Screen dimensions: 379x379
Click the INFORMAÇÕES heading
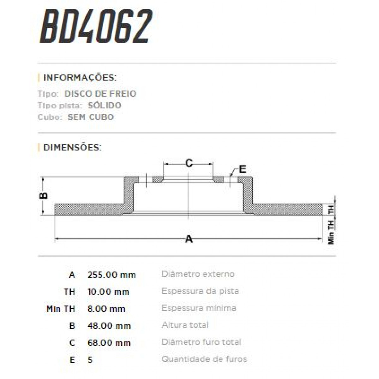point(80,78)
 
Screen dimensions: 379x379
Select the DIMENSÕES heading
point(72,147)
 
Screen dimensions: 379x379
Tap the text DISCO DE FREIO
point(100,94)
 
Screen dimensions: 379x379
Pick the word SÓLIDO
point(105,105)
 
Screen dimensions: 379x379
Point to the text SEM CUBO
point(91,117)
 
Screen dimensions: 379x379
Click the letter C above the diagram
point(189,163)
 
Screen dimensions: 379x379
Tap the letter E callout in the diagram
point(242,169)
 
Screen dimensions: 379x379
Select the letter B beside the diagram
point(44,196)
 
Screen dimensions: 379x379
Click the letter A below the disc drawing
point(189,239)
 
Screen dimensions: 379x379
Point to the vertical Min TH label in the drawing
point(331,232)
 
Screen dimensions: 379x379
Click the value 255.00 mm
point(111,275)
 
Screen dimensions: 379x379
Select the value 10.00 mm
point(108,292)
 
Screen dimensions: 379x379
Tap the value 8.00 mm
point(106,309)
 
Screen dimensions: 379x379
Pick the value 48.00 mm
point(109,326)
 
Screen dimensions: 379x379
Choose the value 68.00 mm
point(109,343)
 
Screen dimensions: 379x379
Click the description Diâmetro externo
point(198,274)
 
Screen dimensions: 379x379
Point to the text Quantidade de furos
point(204,359)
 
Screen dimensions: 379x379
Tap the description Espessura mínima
point(199,308)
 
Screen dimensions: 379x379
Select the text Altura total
point(185,325)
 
